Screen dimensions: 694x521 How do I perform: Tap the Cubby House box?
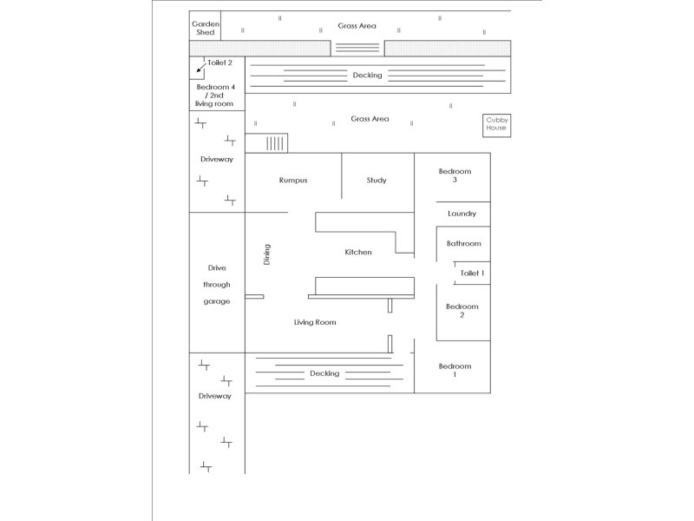[496, 124]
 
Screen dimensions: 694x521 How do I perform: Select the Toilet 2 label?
[219, 63]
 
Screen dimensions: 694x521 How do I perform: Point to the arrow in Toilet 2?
[201, 67]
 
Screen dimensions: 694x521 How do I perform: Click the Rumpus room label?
[293, 181]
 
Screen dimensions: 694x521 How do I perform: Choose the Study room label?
[376, 181]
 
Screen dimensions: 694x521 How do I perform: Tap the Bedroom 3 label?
[455, 175]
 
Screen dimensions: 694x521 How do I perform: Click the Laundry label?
[462, 214]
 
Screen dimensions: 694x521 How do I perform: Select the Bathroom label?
[463, 244]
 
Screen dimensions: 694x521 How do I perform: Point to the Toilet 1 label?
[471, 274]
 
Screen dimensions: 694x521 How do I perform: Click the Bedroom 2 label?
[462, 311]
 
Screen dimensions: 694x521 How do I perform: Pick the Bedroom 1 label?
[454, 370]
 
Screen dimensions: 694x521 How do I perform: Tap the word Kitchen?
[358, 253]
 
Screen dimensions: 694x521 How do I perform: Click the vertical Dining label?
[267, 254]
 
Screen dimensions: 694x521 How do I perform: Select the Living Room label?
[314, 322]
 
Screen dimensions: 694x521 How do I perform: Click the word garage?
[217, 301]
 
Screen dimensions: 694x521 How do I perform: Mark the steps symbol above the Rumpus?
[275, 143]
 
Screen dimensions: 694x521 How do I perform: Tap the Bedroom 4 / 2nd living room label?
[217, 95]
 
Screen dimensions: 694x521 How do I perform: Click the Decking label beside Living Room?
[324, 373]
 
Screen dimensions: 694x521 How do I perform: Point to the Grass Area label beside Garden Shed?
[357, 26]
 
